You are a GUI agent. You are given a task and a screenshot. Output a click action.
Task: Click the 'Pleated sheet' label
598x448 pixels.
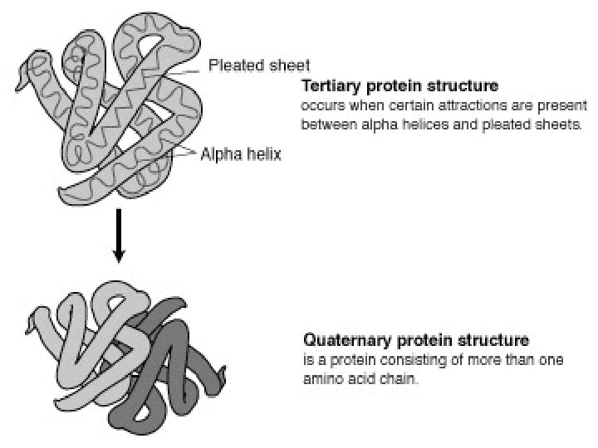pos(248,65)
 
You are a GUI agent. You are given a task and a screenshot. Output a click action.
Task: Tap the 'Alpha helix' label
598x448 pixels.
pos(241,153)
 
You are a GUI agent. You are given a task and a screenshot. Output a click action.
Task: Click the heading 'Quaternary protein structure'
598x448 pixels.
pos(415,341)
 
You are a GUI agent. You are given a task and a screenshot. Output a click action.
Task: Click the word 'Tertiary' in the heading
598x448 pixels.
pos(329,87)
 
